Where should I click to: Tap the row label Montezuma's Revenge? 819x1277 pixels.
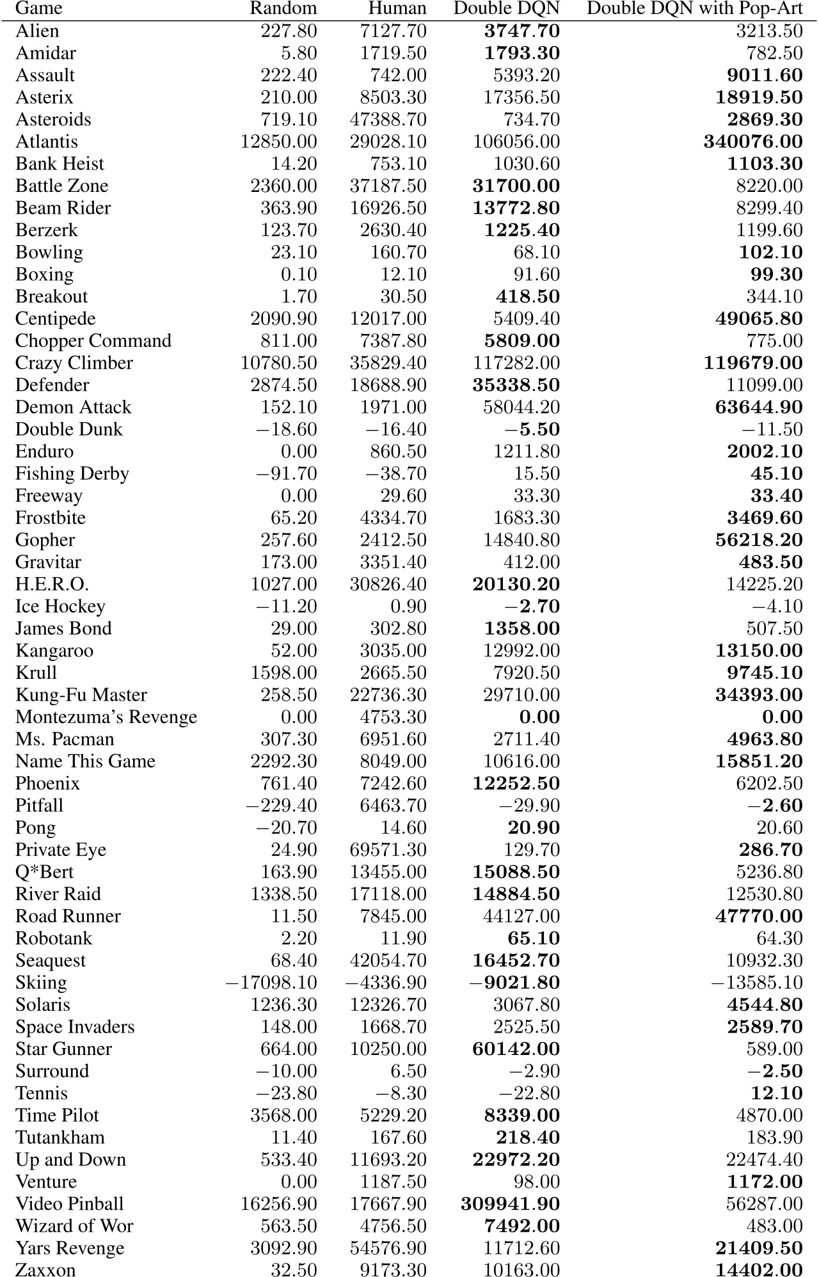(x=106, y=717)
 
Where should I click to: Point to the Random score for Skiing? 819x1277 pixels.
(x=271, y=983)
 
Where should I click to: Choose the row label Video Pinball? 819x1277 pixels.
(x=70, y=1204)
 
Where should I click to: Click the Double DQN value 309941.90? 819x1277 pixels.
(x=510, y=1204)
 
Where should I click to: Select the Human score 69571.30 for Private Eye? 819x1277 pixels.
(x=388, y=850)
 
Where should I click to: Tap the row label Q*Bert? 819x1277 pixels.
(x=45, y=872)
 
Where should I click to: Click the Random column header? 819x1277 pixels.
(x=283, y=8)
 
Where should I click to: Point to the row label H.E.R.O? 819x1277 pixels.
(x=52, y=585)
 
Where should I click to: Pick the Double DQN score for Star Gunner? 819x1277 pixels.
(x=516, y=1049)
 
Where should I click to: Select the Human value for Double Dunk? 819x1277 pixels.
(x=395, y=430)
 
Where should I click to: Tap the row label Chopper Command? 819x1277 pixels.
(x=93, y=341)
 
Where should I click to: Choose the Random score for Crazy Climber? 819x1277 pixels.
(x=278, y=363)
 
